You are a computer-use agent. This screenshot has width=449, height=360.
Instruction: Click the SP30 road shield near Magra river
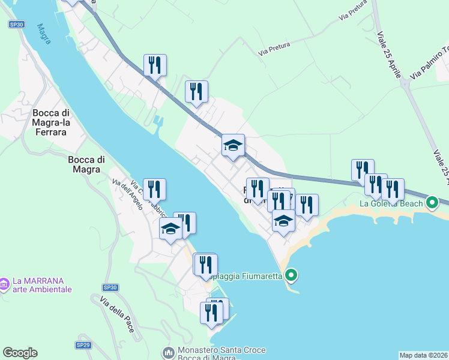pos(17,24)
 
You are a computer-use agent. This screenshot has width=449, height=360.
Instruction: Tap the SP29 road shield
pos(83,345)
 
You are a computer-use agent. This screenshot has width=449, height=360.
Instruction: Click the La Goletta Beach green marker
pos(432,203)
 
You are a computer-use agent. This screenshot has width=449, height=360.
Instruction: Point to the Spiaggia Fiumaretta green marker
pos(291,276)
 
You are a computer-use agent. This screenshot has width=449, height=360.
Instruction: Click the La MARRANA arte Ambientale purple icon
pos(4,282)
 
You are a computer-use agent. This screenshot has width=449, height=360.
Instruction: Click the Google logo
pos(20,353)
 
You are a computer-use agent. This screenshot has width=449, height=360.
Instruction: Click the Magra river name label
pos(43,34)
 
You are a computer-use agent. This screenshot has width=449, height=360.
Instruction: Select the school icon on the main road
pos(233,145)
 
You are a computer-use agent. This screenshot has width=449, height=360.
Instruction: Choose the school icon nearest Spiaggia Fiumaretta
pos(283,221)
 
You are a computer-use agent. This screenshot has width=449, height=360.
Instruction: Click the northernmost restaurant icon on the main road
pos(155,65)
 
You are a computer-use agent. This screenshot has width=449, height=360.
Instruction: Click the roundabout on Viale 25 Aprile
pos(406,85)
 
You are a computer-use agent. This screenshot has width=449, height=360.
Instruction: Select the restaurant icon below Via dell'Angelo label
pos(155,190)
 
